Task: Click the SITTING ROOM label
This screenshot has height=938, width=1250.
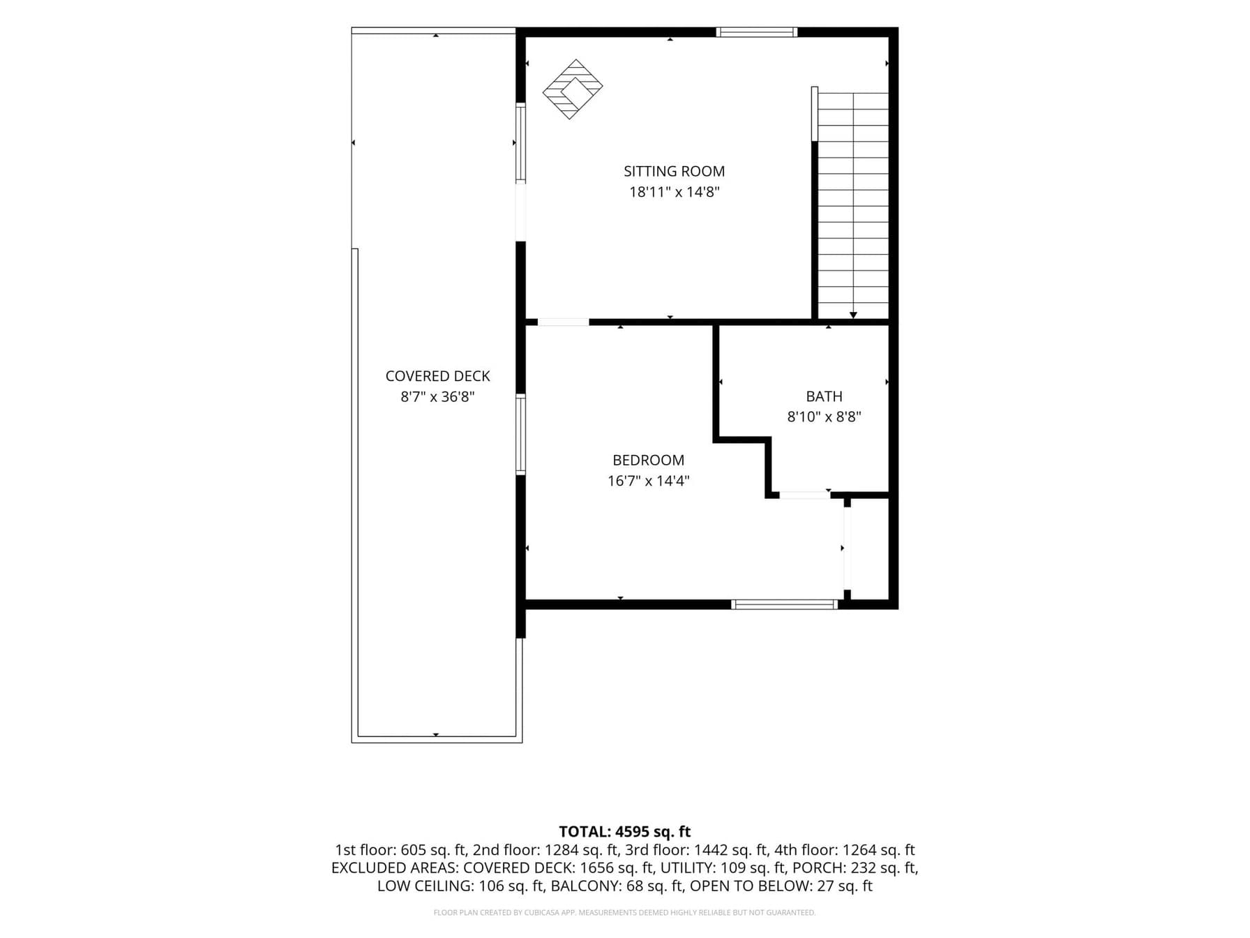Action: point(674,171)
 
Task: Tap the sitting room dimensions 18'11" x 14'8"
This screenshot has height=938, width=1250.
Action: point(674,192)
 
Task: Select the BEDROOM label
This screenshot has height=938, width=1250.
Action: point(648,460)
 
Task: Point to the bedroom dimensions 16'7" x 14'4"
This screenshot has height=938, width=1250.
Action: point(648,481)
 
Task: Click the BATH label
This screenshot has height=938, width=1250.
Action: point(824,396)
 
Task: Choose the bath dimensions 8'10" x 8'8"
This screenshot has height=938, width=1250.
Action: point(824,417)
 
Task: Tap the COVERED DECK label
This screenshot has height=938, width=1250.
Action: point(437,376)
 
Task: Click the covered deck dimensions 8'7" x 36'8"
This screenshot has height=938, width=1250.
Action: point(437,397)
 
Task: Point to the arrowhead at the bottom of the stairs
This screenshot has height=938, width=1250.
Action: point(853,315)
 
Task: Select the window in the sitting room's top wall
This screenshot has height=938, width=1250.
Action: point(757,32)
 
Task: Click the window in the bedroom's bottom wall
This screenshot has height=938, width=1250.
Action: point(785,604)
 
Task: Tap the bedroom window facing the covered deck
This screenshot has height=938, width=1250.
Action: point(520,434)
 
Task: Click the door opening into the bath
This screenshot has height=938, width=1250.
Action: point(804,495)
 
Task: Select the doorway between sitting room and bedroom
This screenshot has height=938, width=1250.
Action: point(563,322)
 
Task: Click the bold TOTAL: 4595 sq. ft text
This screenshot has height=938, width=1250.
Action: point(624,832)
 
